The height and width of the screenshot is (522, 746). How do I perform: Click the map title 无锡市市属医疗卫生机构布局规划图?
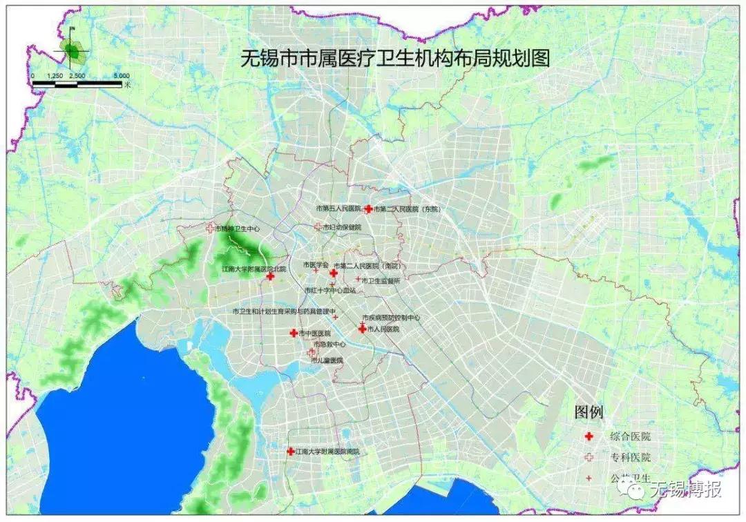coord(394,59)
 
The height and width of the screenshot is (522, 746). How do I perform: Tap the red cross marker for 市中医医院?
coord(293,333)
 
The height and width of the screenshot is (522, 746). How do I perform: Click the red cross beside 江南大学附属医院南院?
coord(291,452)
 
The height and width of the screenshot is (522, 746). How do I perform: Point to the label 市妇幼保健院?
coord(341,226)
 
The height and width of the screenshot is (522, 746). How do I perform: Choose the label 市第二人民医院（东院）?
coord(407,209)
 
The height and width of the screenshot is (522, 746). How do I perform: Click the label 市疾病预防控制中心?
coord(391,318)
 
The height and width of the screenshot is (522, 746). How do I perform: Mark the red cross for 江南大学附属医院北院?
coord(270,276)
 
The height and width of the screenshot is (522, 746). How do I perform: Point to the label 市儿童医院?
coord(327,360)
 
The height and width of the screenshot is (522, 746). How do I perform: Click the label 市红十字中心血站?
coord(329,291)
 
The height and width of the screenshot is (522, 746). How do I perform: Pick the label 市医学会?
coord(316,264)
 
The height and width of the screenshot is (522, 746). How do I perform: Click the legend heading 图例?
coord(589,413)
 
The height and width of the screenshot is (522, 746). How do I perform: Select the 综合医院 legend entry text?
coord(630,436)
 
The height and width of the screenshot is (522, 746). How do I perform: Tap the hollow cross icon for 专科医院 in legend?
coord(589,457)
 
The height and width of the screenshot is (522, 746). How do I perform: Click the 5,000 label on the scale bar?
coord(122,75)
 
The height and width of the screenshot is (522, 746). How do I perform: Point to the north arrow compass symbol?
coord(72,47)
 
